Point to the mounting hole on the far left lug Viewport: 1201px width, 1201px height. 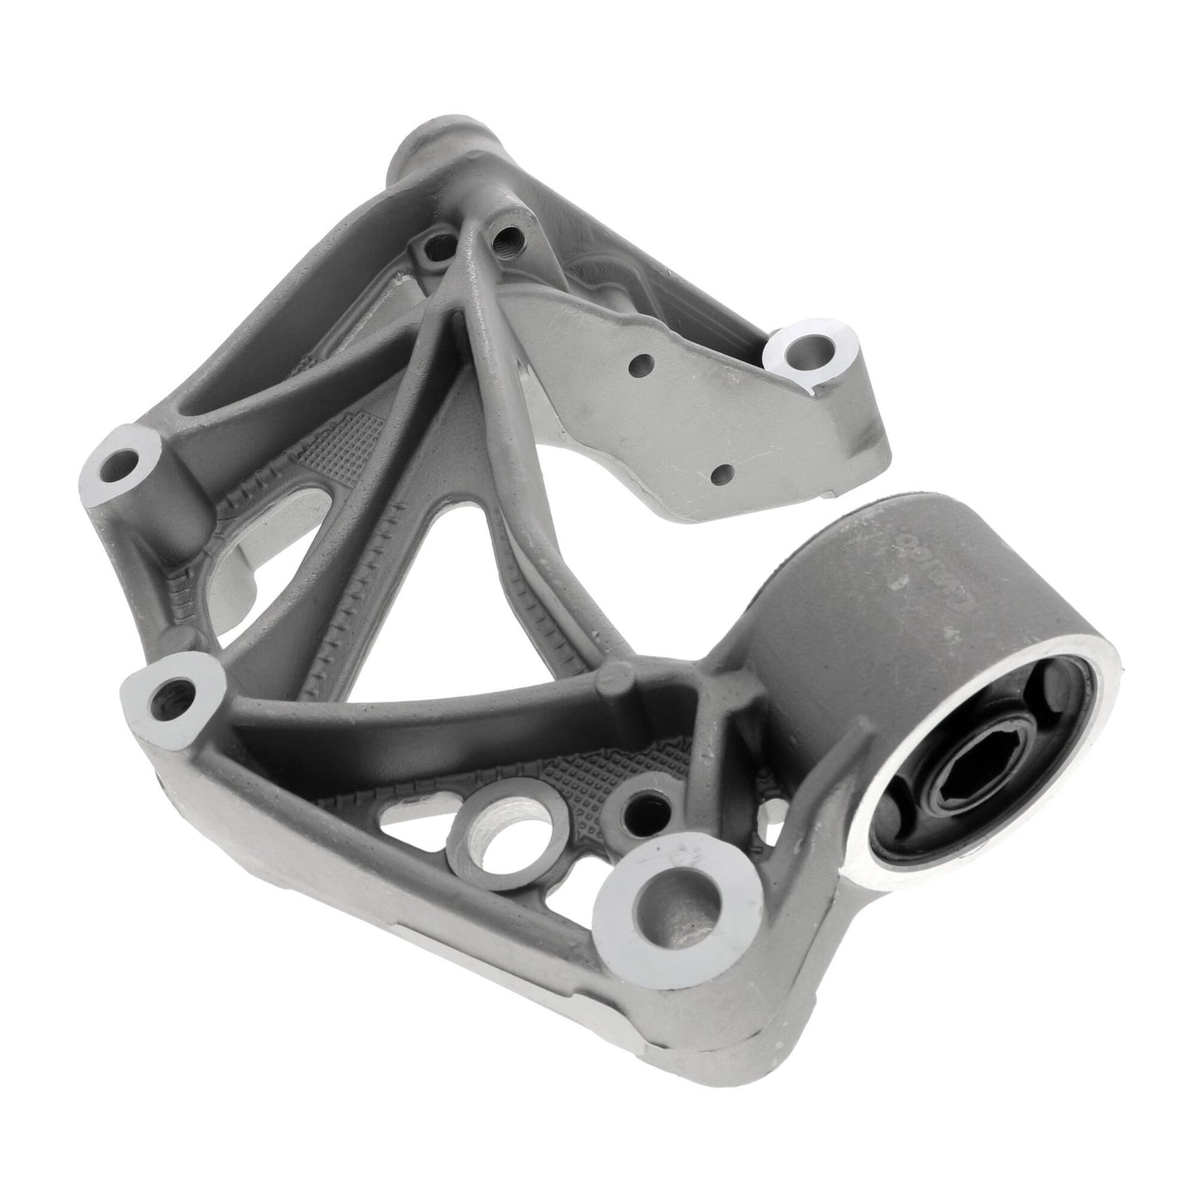(x=126, y=461)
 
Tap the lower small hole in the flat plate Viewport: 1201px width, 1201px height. (x=721, y=474)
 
